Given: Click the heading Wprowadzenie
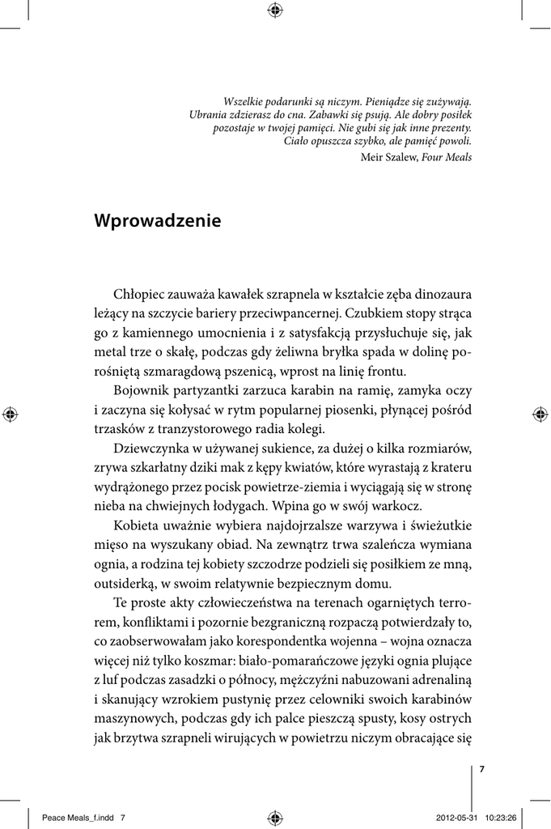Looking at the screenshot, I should pyautogui.click(x=157, y=220).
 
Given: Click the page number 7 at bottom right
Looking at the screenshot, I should pyautogui.click(x=482, y=769).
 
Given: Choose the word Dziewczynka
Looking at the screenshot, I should pyautogui.click(x=151, y=449).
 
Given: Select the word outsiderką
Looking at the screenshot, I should pyautogui.click(x=123, y=583).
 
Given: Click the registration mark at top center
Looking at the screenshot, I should pyautogui.click(x=275, y=10).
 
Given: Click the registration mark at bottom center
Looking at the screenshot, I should pyautogui.click(x=275, y=817).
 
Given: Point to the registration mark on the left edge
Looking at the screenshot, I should pyautogui.click(x=10, y=414).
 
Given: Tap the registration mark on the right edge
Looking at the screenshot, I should pyautogui.click(x=540, y=414).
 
